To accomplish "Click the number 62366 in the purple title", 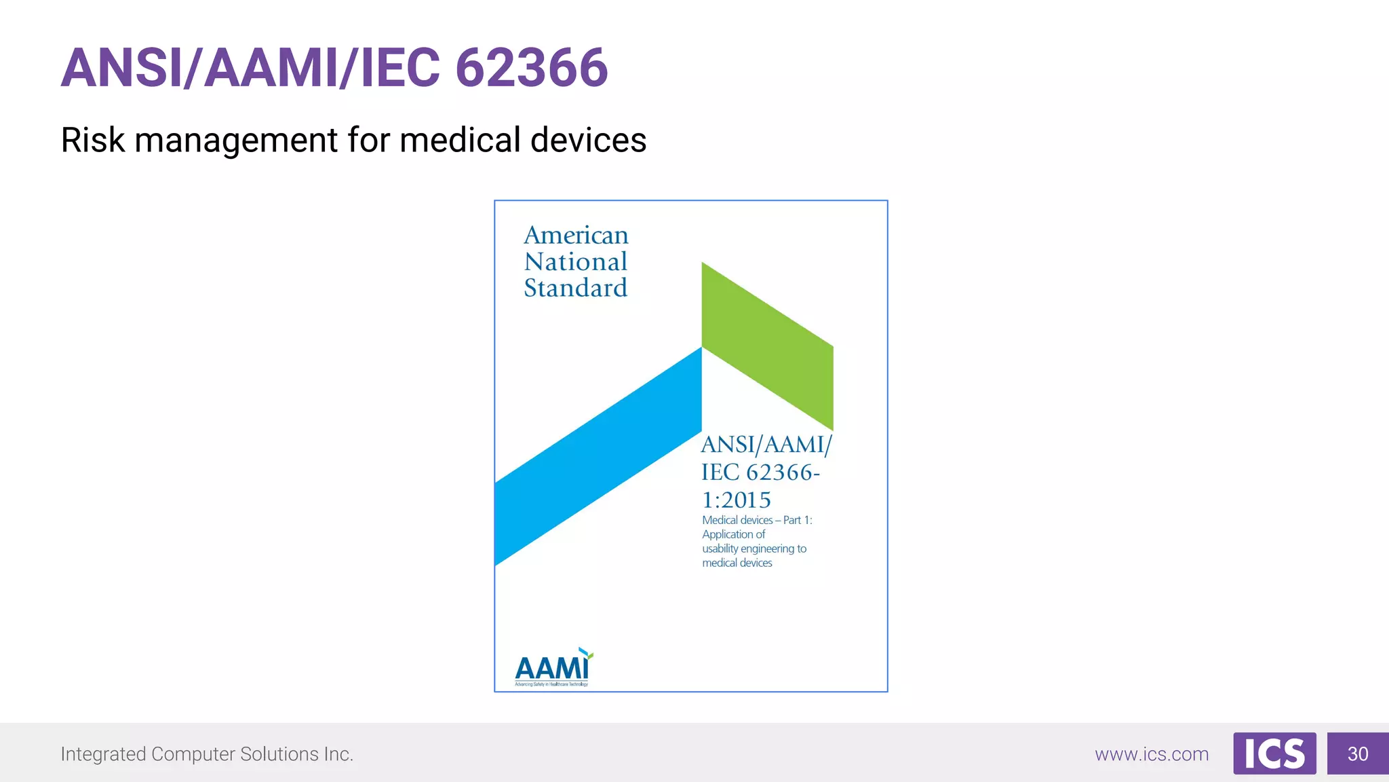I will point(532,68).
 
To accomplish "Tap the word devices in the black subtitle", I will point(588,141).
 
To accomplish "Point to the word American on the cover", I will point(576,236).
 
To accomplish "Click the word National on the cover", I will point(576,262).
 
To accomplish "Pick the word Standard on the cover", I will point(576,288).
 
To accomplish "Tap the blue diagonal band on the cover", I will point(597,456).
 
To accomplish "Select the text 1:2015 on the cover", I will point(737,500).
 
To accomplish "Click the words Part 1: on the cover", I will point(798,520).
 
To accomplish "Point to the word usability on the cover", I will point(720,548).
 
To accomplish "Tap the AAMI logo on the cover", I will point(553,668).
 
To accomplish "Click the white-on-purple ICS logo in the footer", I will point(1274,753).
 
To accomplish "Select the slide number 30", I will point(1358,753).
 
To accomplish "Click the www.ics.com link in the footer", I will point(1152,754).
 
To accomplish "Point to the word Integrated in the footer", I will point(103,754).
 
